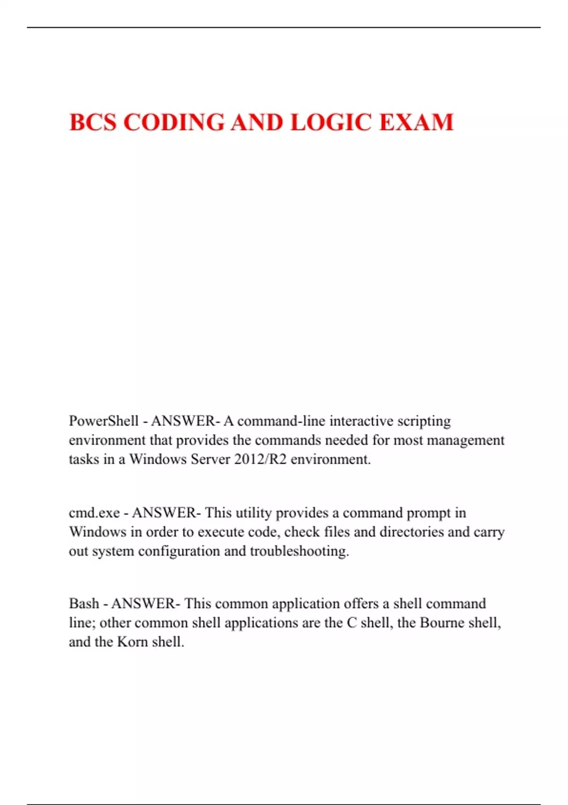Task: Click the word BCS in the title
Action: coord(93,122)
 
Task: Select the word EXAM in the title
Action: coord(417,122)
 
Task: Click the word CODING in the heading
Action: coord(174,122)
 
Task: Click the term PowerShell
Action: coord(104,421)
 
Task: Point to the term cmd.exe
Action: coord(94,513)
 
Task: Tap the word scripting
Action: coord(424,421)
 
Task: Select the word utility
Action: coord(254,513)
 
